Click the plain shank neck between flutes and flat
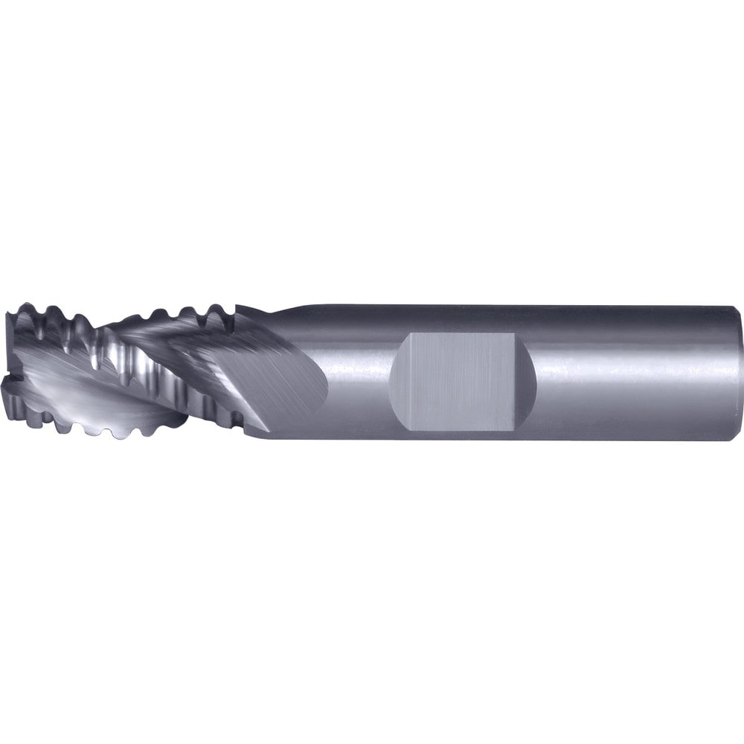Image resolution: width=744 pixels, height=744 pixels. (x=350, y=372)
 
